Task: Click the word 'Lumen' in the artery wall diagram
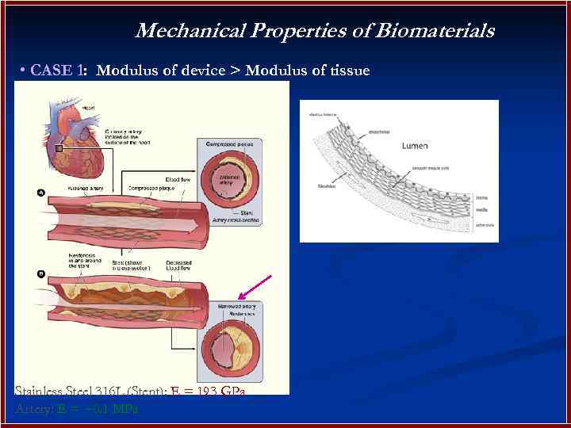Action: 415,146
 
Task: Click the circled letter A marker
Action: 40,192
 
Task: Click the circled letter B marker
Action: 40,273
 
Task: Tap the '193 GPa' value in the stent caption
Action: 216,392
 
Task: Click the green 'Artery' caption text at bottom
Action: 33,409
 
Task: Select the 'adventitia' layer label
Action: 485,225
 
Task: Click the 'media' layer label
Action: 482,210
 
